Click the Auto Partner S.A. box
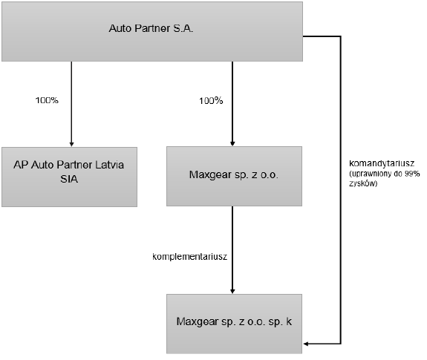152,32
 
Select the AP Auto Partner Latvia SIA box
70,177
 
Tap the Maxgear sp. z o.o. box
234,177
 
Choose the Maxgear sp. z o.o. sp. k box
234,324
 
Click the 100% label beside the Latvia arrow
47,100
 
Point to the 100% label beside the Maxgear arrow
211,101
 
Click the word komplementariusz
190,257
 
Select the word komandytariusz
382,163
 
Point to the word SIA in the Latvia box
69,179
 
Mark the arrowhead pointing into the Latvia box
71,144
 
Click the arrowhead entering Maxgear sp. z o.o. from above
232,143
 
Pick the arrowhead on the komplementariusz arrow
232,291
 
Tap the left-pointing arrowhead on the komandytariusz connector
305,344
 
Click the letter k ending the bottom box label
289,321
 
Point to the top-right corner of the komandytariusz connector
341,36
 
